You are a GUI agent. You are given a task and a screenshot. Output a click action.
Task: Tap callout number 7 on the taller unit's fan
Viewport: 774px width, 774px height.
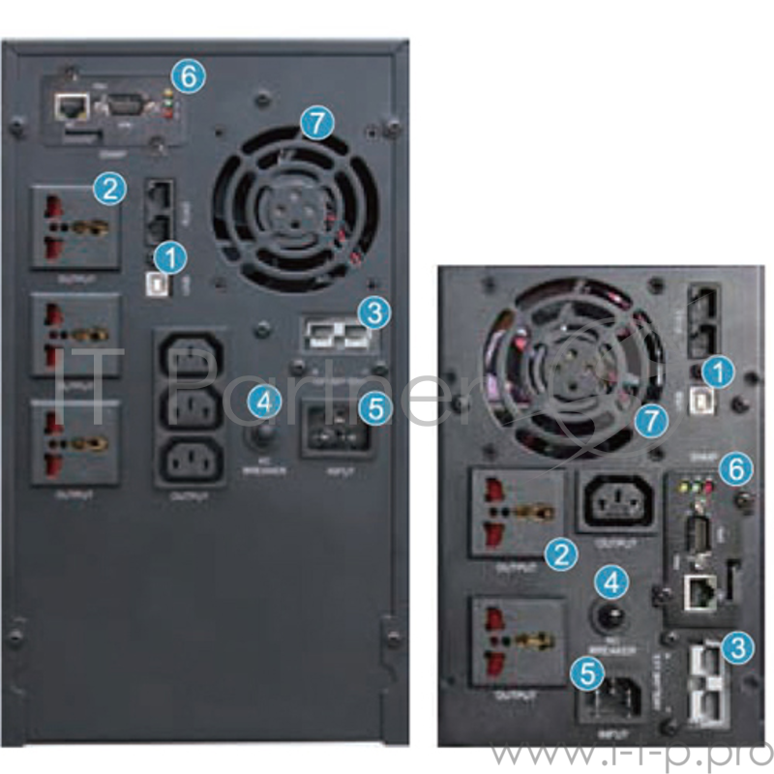[x=315, y=123]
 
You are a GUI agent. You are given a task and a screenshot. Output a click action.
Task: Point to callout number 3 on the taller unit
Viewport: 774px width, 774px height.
[x=372, y=313]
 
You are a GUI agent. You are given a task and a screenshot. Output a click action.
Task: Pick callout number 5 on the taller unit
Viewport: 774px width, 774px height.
[x=374, y=407]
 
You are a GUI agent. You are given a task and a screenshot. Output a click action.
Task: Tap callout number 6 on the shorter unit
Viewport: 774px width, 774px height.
[x=737, y=468]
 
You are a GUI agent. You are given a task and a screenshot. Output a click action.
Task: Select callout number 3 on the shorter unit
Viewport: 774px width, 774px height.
[x=738, y=646]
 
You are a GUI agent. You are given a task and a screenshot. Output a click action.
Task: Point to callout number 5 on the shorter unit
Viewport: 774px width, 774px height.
[x=582, y=672]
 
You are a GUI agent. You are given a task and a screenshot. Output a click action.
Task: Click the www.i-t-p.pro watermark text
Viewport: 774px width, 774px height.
[x=630, y=753]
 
